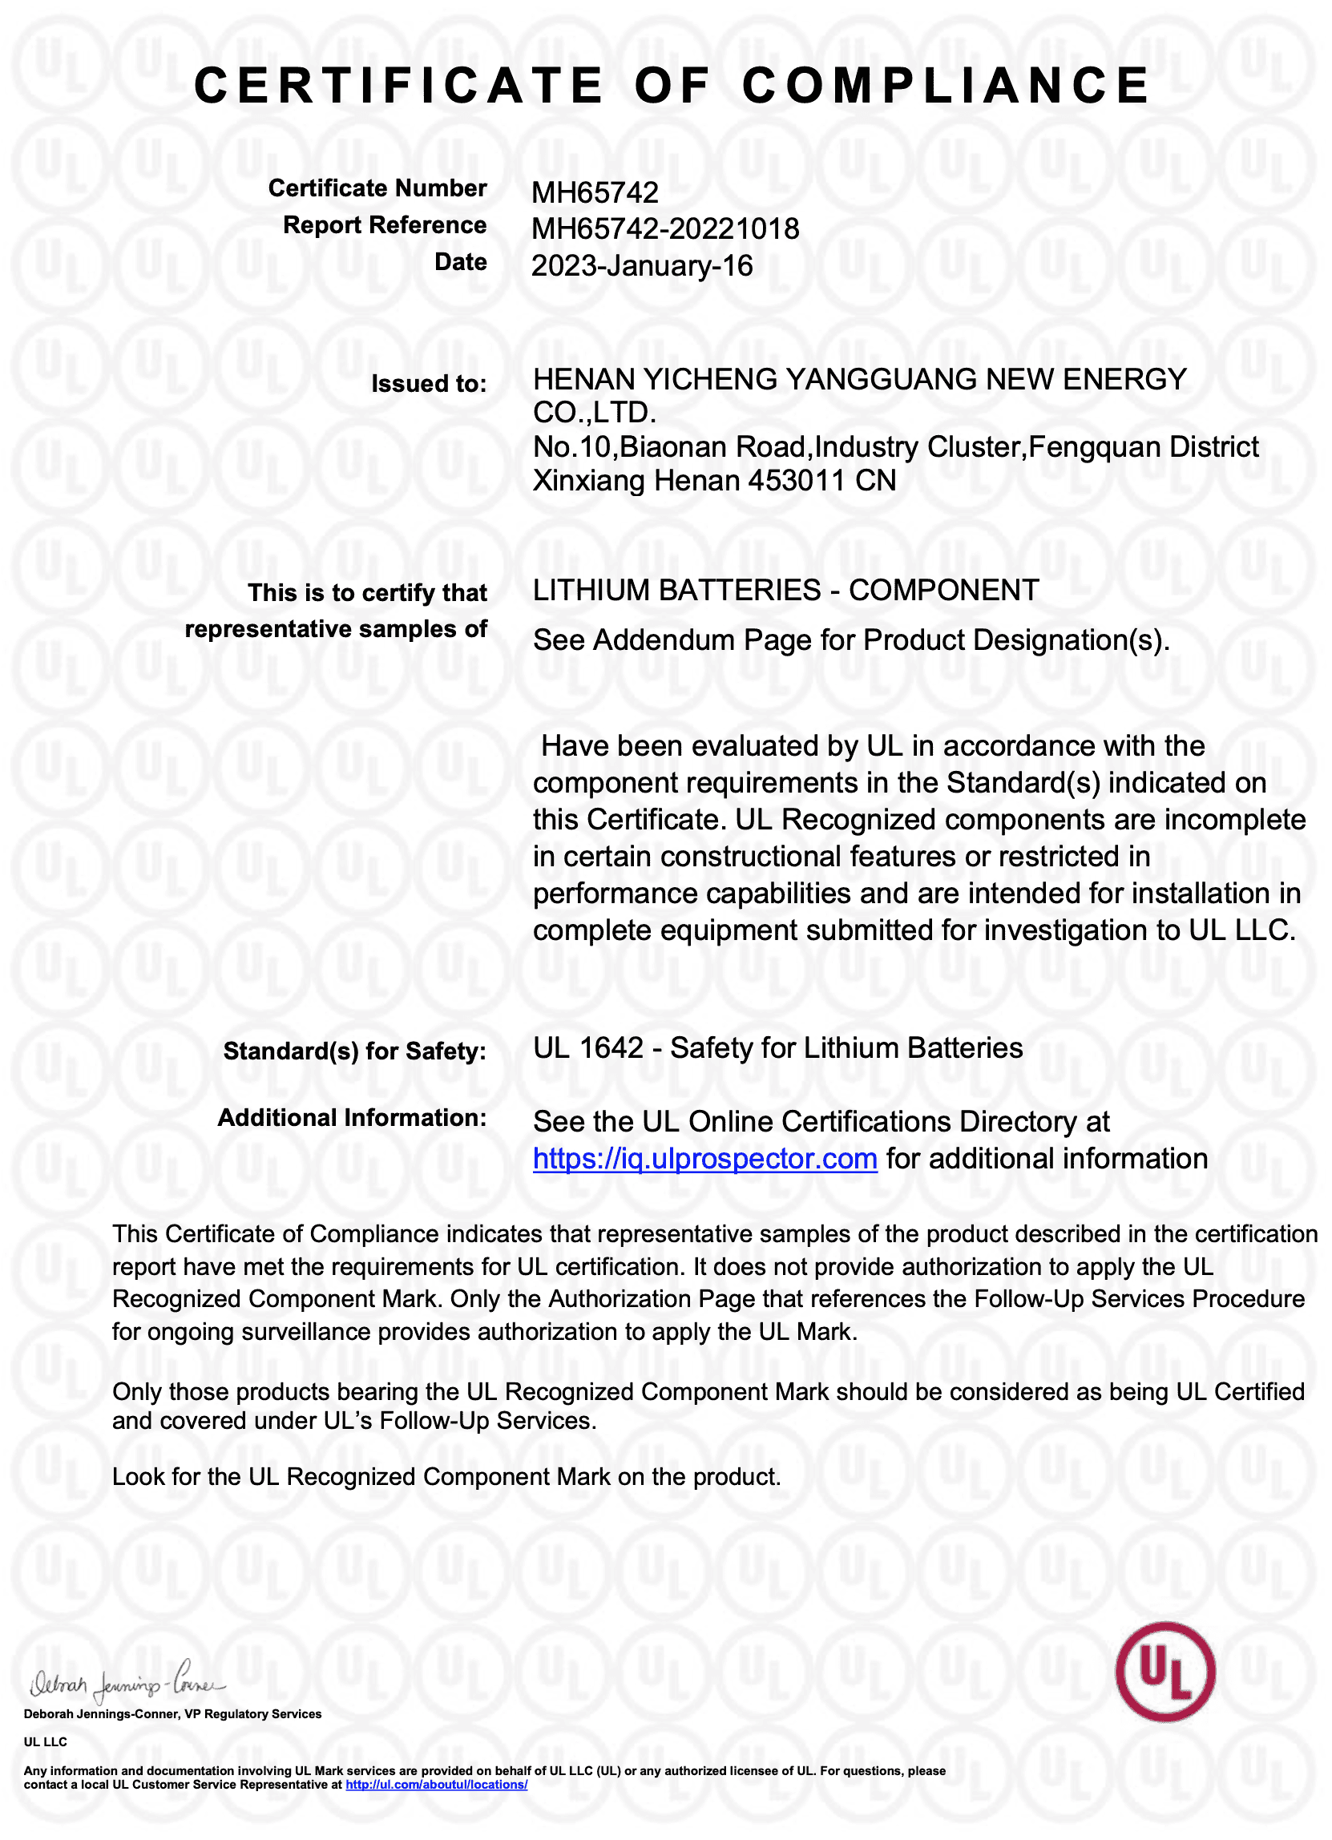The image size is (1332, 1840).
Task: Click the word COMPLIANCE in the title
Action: [946, 86]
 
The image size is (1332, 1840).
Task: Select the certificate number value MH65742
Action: [595, 193]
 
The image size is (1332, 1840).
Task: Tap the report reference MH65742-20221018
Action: [665, 229]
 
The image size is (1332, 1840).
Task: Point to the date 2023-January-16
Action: [642, 266]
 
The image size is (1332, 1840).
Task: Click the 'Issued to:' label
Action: [428, 384]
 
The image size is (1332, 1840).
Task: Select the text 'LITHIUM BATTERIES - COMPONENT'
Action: [785, 591]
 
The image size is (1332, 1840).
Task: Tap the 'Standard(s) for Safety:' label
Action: [354, 1051]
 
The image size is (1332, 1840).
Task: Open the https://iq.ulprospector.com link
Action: [705, 1159]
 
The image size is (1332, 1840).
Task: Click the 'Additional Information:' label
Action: [351, 1118]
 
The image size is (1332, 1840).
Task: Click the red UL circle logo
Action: [1164, 1672]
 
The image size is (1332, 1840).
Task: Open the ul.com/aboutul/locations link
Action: [437, 1785]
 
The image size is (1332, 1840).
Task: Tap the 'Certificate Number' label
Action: [377, 188]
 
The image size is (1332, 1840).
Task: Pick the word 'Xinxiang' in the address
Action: [589, 481]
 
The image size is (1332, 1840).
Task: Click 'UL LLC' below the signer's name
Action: [46, 1742]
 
